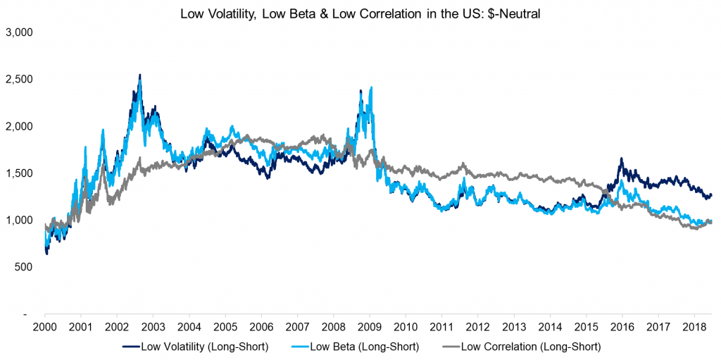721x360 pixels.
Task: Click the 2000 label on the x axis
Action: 45,328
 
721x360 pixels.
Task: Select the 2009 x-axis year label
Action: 370,328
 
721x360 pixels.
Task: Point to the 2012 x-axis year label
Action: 477,328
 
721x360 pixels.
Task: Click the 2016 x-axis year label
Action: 622,328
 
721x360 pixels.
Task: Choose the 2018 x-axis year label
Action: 694,328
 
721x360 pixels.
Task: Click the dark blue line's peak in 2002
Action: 139,75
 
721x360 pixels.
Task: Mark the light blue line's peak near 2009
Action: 371,87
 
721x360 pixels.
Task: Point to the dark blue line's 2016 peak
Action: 621,159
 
